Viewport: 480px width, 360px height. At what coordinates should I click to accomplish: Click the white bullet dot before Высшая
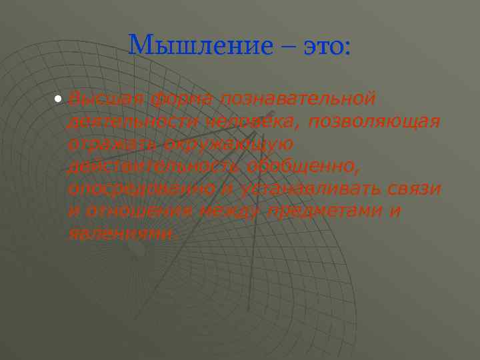[59, 99]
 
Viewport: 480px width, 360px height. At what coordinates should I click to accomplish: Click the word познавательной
[297, 99]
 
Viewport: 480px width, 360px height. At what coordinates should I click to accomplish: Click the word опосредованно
[141, 189]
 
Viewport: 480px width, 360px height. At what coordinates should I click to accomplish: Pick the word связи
[413, 189]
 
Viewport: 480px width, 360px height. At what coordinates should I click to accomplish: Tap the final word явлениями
[123, 233]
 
